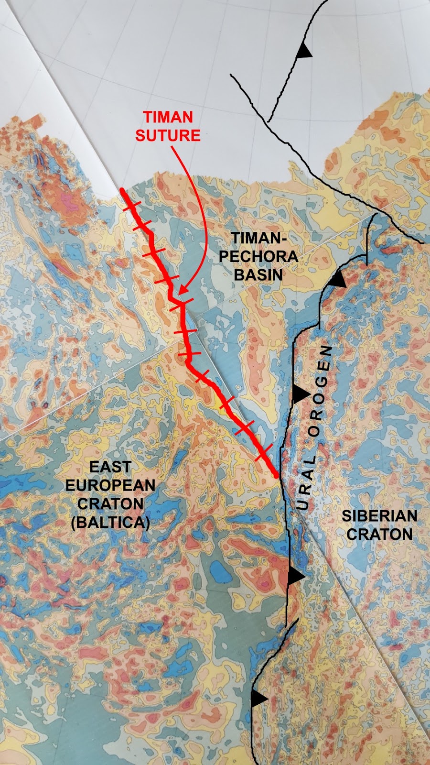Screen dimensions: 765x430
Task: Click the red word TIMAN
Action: click(x=168, y=117)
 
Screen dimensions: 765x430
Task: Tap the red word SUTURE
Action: click(x=168, y=135)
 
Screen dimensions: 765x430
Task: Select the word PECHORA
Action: click(x=258, y=256)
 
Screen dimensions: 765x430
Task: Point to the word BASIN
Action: click(x=258, y=274)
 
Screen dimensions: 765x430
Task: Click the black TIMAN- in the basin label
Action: click(x=256, y=238)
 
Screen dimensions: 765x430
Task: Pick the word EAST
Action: click(x=110, y=467)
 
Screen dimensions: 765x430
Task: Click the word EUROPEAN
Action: click(x=110, y=485)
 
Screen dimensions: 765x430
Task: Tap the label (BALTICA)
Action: click(x=110, y=522)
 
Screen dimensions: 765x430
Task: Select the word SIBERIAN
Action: click(x=379, y=516)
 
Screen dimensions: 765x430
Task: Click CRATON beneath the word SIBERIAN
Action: click(x=379, y=534)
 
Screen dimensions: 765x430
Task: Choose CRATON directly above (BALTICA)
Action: click(x=110, y=504)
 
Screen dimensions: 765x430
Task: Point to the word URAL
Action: click(x=305, y=482)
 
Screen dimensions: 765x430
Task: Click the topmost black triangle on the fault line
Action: click(x=302, y=51)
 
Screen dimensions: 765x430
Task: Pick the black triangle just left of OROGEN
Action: click(x=300, y=394)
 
